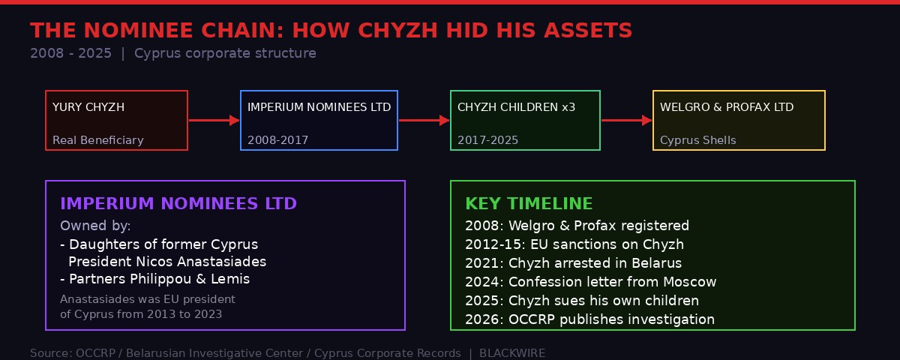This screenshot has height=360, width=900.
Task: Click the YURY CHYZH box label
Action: (x=88, y=107)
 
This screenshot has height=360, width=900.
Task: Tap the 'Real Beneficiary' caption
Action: (x=98, y=140)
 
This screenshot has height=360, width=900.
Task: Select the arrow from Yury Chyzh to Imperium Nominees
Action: (x=214, y=120)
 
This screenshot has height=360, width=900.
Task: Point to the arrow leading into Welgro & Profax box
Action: (x=626, y=120)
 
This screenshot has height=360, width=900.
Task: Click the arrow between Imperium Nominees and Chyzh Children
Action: (x=424, y=120)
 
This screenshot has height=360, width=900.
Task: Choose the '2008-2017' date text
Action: (x=277, y=140)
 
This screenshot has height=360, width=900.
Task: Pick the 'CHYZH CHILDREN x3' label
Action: (x=516, y=107)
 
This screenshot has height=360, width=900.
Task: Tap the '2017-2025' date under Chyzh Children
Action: (x=487, y=140)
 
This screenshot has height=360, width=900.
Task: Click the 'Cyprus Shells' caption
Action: (x=697, y=140)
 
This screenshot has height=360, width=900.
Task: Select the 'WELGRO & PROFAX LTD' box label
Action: (x=727, y=107)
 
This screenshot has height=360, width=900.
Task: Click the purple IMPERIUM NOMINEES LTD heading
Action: (x=178, y=204)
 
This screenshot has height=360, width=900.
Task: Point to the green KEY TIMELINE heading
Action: (x=529, y=204)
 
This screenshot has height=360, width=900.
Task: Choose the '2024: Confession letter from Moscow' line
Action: (x=590, y=282)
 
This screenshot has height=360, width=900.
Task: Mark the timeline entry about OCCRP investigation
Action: (x=589, y=319)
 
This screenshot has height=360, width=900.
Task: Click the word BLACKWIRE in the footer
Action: (x=512, y=353)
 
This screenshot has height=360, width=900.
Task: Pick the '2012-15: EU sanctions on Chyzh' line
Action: (x=574, y=244)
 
